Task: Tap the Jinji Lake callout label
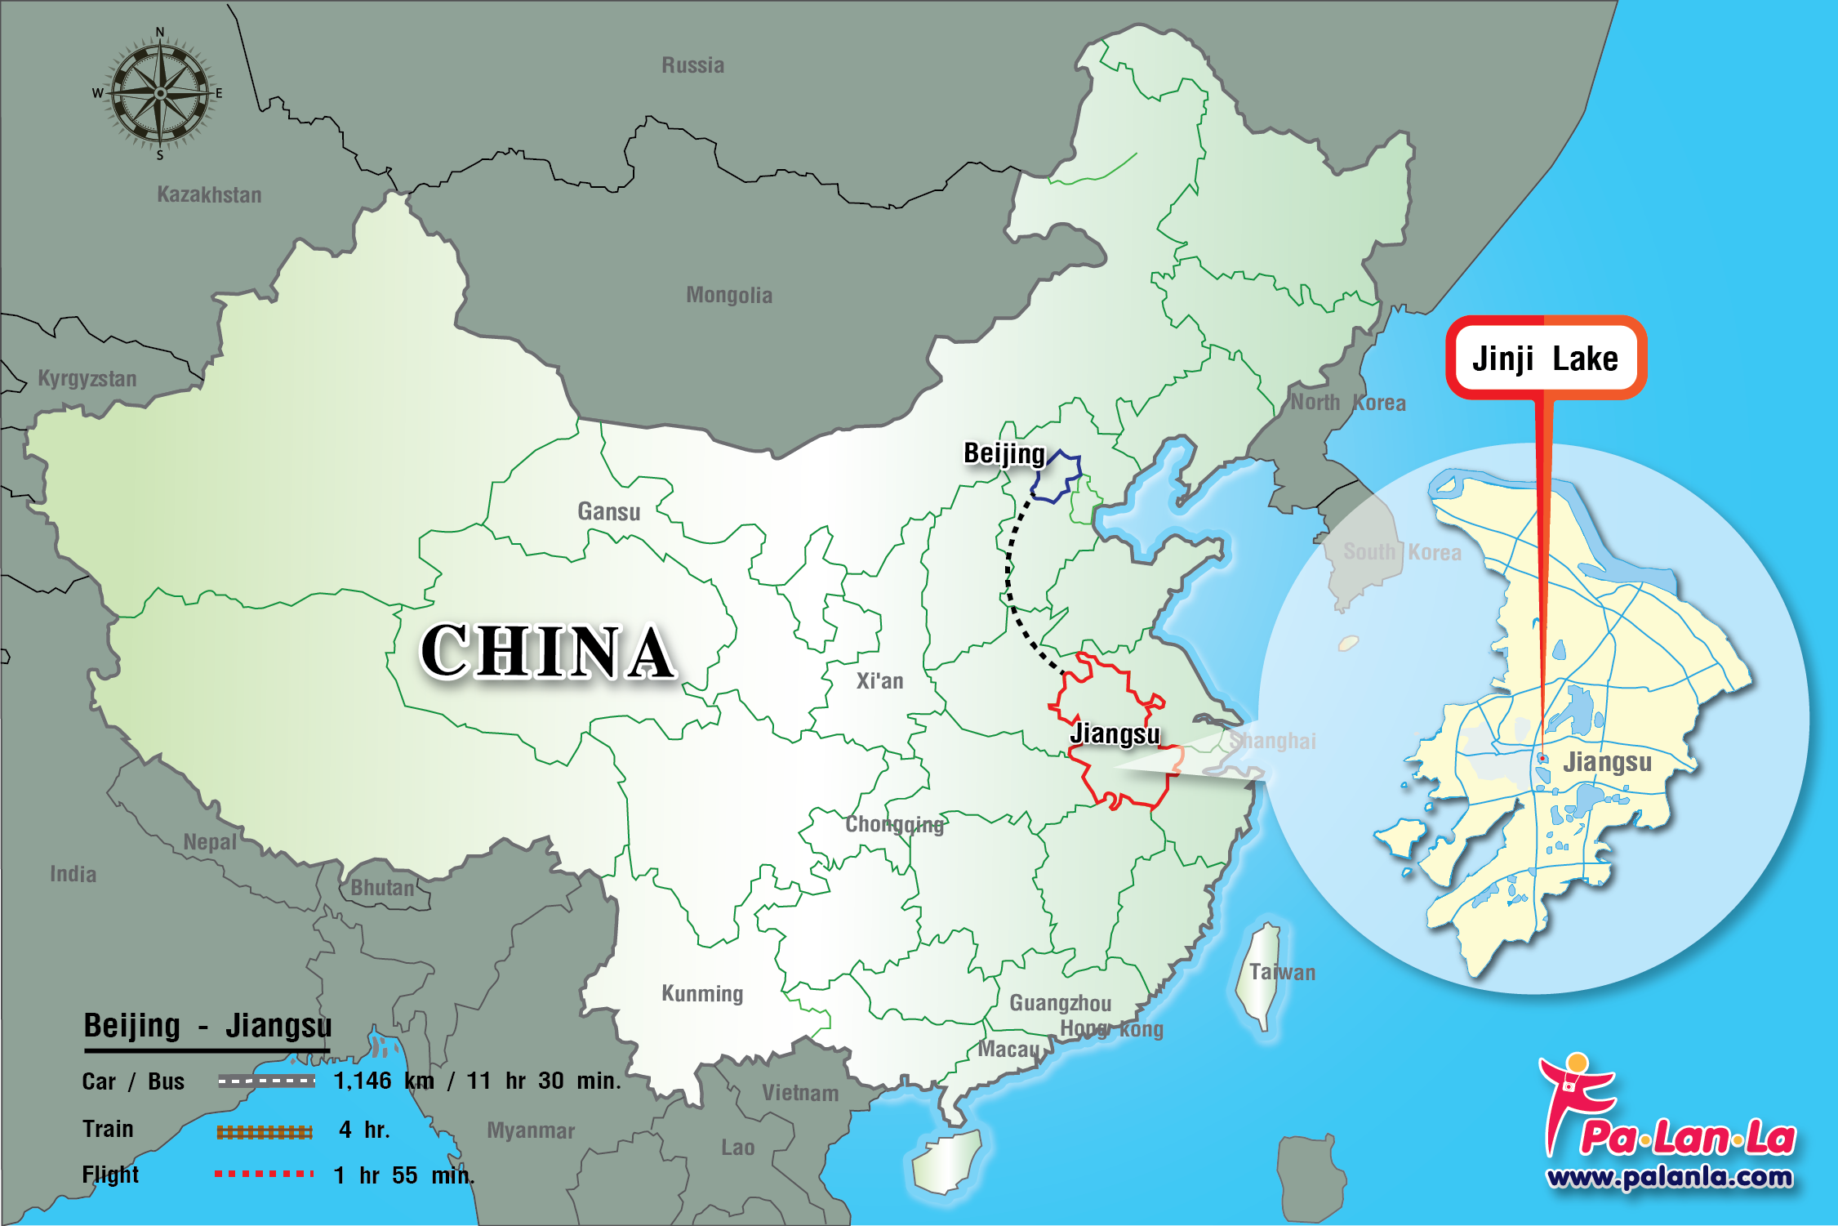tap(1545, 359)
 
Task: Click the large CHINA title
tap(547, 651)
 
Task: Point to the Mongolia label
tap(729, 295)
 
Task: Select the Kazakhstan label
tap(209, 194)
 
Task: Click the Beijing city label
tap(1004, 453)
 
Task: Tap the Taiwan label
tap(1282, 972)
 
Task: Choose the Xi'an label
tap(879, 681)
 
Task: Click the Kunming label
tap(702, 993)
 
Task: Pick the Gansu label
tap(609, 511)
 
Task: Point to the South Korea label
tap(1402, 552)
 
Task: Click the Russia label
tap(692, 65)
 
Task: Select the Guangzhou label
tap(1061, 1003)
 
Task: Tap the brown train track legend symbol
tap(265, 1131)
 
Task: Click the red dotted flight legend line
tap(265, 1174)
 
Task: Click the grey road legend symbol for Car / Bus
tap(266, 1081)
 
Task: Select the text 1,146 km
tap(384, 1081)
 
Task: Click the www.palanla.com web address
tap(1669, 1177)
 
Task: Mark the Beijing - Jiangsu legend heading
tap(207, 1026)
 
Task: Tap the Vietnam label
tap(800, 1093)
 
